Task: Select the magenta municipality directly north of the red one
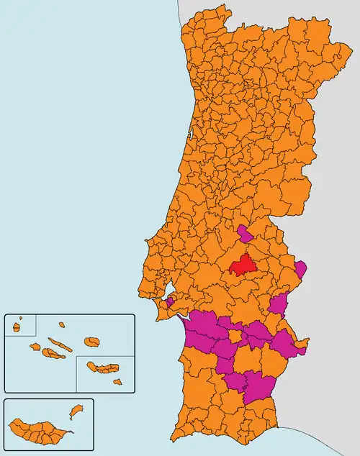(x=245, y=233)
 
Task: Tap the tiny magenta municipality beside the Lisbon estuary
(x=169, y=302)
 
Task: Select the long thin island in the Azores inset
(x=61, y=345)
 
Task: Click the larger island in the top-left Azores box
(x=16, y=327)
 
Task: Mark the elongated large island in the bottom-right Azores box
(x=102, y=368)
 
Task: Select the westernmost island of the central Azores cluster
(x=35, y=347)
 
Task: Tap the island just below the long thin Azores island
(x=53, y=353)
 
